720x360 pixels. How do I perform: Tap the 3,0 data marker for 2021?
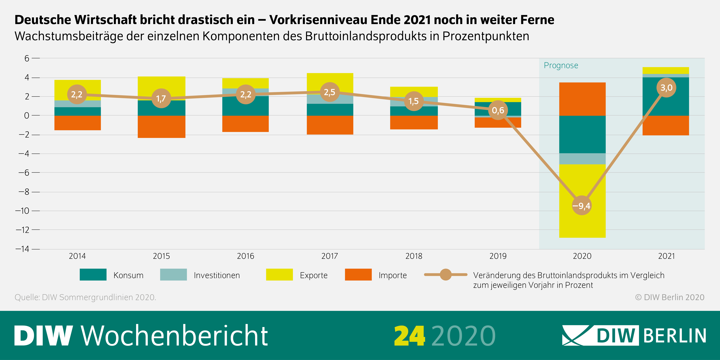coord(666,88)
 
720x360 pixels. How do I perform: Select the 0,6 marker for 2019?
coord(498,110)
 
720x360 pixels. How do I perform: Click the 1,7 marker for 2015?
coord(161,98)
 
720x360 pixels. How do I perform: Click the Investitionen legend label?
coord(217,275)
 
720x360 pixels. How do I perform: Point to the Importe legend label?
coord(392,275)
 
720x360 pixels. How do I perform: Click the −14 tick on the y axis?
coord(22,249)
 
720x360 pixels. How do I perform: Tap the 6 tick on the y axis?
coord(27,58)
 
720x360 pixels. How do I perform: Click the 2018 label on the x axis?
coord(414,256)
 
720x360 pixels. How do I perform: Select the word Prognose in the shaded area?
coord(561,65)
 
